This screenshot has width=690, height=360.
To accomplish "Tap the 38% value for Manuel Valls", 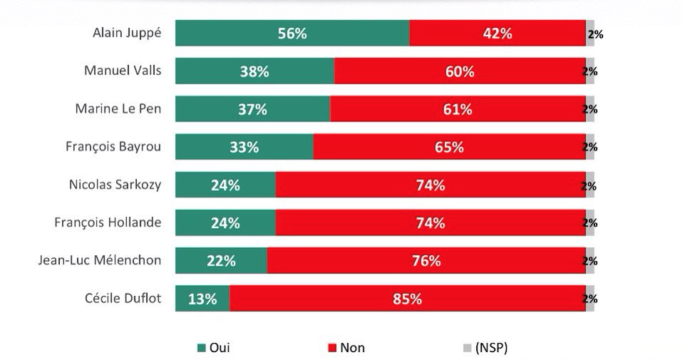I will pyautogui.click(x=254, y=71).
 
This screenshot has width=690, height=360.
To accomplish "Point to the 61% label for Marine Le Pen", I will pyautogui.click(x=457, y=109).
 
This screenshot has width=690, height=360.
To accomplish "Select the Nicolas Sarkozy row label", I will pyautogui.click(x=115, y=185).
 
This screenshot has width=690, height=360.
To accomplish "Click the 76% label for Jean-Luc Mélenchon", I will pyautogui.click(x=426, y=261).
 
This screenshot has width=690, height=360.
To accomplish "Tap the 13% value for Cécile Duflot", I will pyautogui.click(x=202, y=299).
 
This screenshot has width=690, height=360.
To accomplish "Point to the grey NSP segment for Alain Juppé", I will pyautogui.click(x=590, y=34).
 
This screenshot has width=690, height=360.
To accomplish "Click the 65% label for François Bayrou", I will pyautogui.click(x=449, y=147).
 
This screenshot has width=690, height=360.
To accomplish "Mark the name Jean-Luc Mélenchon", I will pyautogui.click(x=99, y=260).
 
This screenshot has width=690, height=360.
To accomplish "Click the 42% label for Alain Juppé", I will pyautogui.click(x=497, y=34).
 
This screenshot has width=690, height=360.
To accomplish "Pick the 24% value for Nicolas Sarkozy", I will pyautogui.click(x=225, y=185).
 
